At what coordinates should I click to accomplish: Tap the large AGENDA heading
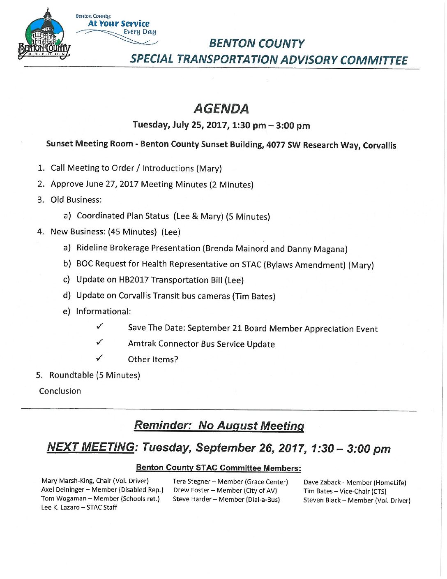click(221, 109)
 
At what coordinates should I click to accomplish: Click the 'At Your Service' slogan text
click(118, 23)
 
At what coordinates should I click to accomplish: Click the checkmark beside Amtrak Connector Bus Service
click(99, 342)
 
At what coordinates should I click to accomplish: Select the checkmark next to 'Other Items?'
click(99, 358)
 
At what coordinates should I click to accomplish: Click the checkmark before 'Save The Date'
click(99, 327)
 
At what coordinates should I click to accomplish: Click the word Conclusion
click(60, 391)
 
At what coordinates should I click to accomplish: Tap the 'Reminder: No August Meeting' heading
click(219, 425)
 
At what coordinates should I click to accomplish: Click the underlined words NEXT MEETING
click(91, 447)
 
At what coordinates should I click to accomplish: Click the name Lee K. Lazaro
click(60, 507)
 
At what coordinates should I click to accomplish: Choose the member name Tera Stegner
click(191, 482)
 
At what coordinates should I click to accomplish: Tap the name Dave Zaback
click(322, 482)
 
